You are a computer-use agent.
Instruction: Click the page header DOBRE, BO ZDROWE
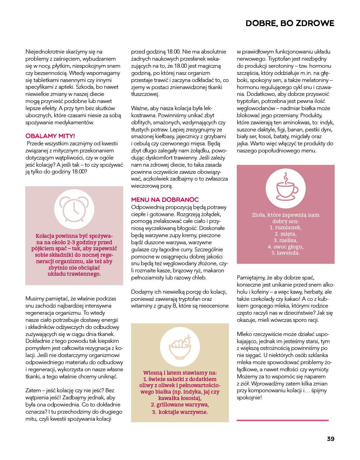pos(290,23)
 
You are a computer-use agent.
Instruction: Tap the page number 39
pos(331,439)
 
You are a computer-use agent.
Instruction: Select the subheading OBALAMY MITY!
pos(50,136)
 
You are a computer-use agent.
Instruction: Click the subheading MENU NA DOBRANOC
pos(165,200)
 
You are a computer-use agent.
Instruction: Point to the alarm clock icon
pos(74,207)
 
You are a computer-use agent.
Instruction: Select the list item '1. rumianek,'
pos(285,228)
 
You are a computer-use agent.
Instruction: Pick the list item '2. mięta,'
pos(285,234)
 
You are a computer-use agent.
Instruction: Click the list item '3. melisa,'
pos(285,240)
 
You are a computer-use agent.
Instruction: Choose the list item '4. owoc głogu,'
pos(285,247)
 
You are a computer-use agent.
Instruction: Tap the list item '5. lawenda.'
pos(285,253)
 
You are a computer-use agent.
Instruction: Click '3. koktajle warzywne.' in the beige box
pos(179,412)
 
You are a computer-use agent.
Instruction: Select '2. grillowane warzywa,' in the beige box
pos(179,404)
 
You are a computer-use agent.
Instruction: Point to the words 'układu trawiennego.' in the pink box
pos(74,274)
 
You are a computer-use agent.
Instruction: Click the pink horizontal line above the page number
pos(282,420)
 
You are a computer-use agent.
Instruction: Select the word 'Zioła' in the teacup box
pos(259,215)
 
